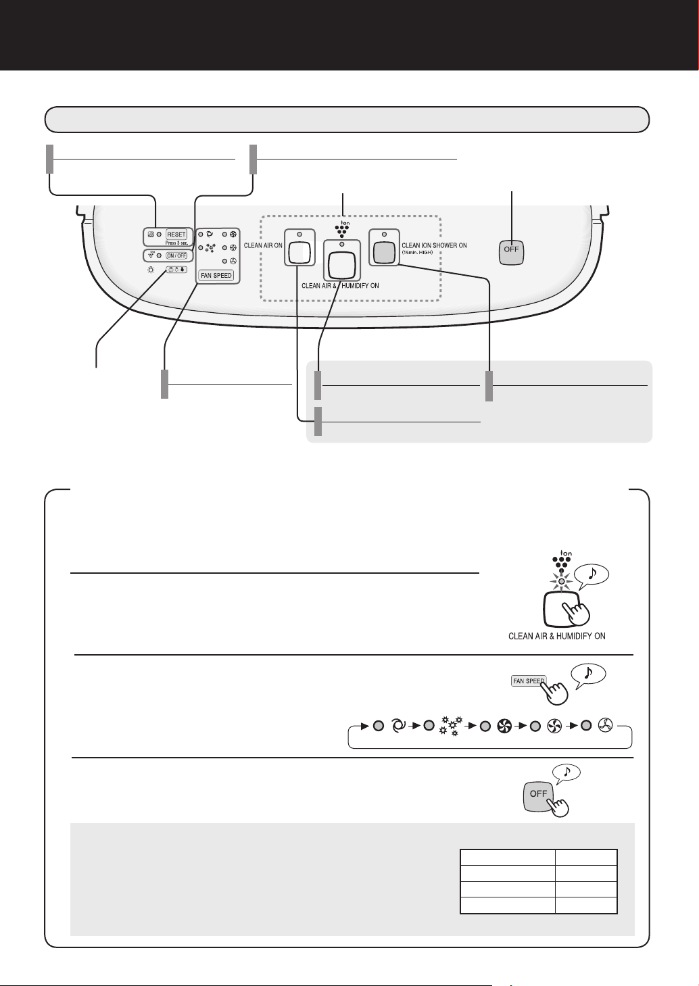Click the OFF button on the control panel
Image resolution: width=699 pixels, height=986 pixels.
click(512, 251)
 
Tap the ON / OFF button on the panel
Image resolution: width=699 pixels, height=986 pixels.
click(176, 255)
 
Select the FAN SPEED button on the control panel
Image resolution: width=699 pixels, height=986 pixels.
click(216, 276)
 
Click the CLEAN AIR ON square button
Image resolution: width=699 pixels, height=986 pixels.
click(298, 251)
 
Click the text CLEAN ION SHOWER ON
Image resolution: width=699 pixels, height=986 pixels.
click(434, 245)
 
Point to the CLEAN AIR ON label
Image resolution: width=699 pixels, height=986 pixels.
click(263, 245)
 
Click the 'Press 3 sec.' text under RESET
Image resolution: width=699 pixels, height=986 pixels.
click(176, 243)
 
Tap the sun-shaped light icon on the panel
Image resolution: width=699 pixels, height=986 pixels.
click(151, 269)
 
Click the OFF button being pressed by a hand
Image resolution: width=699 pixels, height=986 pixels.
click(539, 794)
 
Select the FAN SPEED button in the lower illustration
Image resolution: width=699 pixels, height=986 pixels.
click(527, 681)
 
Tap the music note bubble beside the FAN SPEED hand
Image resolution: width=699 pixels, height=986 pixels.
click(588, 673)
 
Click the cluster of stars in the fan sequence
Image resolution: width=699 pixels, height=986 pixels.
click(448, 726)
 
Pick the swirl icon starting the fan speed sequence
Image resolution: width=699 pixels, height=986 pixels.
click(398, 726)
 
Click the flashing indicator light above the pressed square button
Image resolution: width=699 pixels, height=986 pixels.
click(561, 581)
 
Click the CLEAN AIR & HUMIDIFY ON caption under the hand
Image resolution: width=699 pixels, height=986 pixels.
click(556, 636)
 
